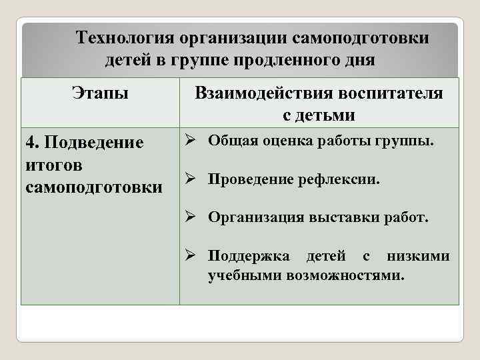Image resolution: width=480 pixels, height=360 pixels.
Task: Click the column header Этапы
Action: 101,93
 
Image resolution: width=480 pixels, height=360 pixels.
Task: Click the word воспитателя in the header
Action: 393,93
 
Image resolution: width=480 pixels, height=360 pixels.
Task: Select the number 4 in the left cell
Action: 29,143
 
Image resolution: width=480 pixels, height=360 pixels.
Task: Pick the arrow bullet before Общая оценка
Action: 190,140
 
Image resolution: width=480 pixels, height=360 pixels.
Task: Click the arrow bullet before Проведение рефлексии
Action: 190,178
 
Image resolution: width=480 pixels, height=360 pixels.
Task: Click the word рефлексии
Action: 345,179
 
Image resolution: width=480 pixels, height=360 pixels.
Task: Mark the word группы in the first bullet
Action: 408,141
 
